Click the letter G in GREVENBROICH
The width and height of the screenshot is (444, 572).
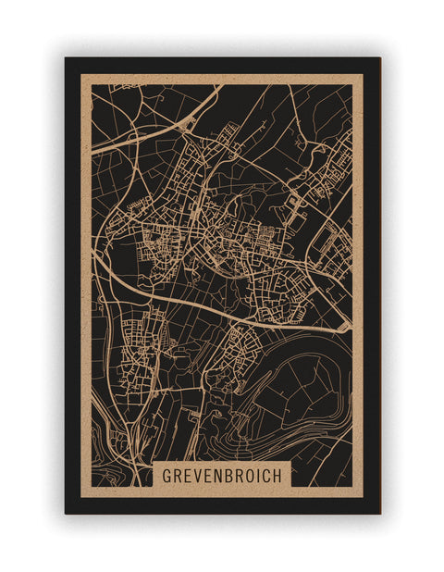(x=167, y=474)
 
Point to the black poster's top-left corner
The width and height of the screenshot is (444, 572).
(x=66, y=58)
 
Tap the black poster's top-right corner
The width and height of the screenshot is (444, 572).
(x=379, y=58)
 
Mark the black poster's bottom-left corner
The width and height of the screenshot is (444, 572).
(x=66, y=513)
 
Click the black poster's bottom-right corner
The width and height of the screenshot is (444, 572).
(x=379, y=513)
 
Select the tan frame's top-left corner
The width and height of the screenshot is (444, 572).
(x=80, y=74)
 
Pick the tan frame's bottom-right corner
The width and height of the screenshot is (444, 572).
(x=363, y=497)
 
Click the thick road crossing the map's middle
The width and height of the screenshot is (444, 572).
(x=222, y=301)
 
